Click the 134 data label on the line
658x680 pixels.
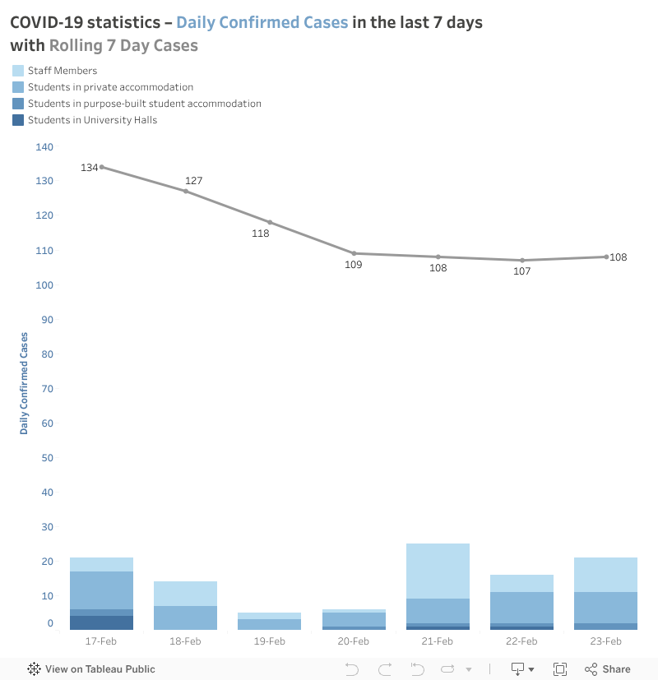89,168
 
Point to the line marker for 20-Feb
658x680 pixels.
354,253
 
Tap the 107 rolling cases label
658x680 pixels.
522,271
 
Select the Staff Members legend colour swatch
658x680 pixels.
18,71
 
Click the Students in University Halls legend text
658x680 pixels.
92,120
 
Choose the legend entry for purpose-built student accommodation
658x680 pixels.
144,104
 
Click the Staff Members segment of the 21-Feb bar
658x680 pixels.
438,571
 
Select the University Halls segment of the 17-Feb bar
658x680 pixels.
101,622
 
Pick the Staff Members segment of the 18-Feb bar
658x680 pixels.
185,593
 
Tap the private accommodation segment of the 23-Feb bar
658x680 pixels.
606,608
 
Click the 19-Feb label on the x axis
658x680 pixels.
270,641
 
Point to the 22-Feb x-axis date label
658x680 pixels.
522,641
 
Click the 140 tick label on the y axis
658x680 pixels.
44,147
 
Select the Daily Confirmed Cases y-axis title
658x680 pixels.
24,383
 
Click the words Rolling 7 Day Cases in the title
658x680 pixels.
123,45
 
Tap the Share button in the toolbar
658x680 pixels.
608,668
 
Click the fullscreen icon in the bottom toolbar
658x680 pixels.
560,668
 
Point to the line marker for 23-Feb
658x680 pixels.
606,257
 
